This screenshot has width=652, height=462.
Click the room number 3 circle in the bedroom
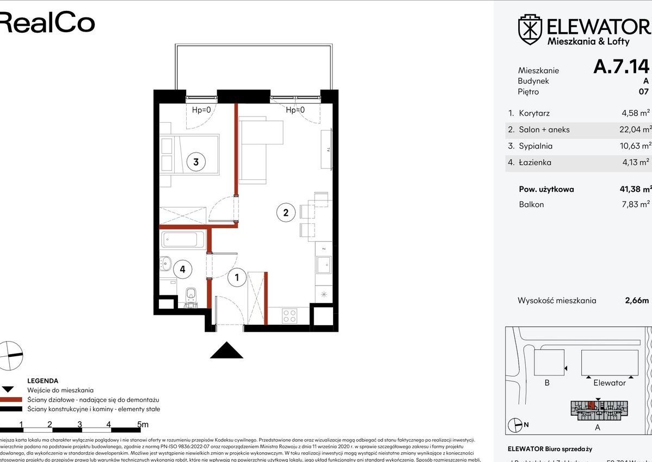point(195,162)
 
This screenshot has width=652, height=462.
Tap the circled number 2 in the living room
point(286,212)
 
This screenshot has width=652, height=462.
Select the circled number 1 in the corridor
point(237,278)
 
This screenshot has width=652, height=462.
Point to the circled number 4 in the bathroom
point(183,269)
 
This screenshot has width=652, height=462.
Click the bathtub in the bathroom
point(183,239)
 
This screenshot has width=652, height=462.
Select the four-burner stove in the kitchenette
point(290,315)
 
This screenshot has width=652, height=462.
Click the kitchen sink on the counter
point(325,265)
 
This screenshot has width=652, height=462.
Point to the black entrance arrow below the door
point(226,350)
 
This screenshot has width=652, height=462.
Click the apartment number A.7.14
point(621,66)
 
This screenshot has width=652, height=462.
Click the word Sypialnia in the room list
point(536,146)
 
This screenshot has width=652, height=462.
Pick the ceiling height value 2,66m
point(637,300)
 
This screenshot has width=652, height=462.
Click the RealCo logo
point(46,23)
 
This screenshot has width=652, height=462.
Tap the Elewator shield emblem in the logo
point(530,29)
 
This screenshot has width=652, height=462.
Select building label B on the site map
point(547,383)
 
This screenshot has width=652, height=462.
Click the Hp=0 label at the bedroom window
point(201,110)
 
